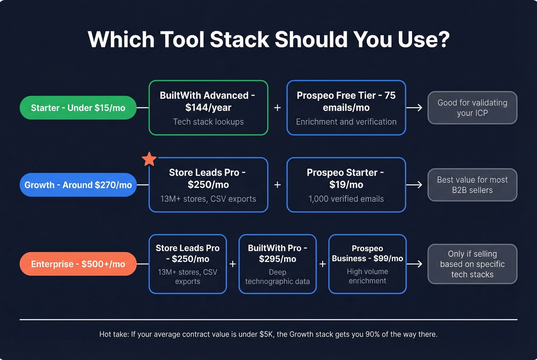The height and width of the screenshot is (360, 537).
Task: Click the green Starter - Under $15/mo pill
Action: coord(78,108)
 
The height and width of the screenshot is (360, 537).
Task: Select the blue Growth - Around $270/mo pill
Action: coord(78,185)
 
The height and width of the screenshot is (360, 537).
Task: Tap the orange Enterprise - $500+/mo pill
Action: coord(78,264)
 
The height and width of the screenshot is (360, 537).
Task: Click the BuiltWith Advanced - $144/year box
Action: coord(208,108)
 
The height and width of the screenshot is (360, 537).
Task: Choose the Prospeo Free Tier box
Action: coord(346,108)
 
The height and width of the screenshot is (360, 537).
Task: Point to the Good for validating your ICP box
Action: coord(472,108)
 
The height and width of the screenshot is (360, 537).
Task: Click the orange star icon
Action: coord(149,159)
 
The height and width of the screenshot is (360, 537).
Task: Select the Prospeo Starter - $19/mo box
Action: coord(346,185)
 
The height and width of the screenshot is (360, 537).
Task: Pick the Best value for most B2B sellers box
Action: coord(472,185)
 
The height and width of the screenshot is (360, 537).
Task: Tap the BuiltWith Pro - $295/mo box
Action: coord(277,264)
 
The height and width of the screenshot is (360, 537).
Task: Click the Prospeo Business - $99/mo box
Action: coord(367,264)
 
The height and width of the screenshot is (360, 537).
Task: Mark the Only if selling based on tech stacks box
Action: coord(472,264)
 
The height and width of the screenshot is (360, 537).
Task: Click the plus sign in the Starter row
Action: coord(277,108)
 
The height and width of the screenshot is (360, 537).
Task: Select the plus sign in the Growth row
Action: coord(277,185)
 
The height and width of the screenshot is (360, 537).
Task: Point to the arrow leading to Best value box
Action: coord(414,185)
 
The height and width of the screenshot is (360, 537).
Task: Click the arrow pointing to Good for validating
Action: coord(414,108)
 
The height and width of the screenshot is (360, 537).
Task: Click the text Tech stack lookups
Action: coord(208,122)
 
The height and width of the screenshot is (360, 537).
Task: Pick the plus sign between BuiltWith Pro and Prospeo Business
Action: coord(323,264)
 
